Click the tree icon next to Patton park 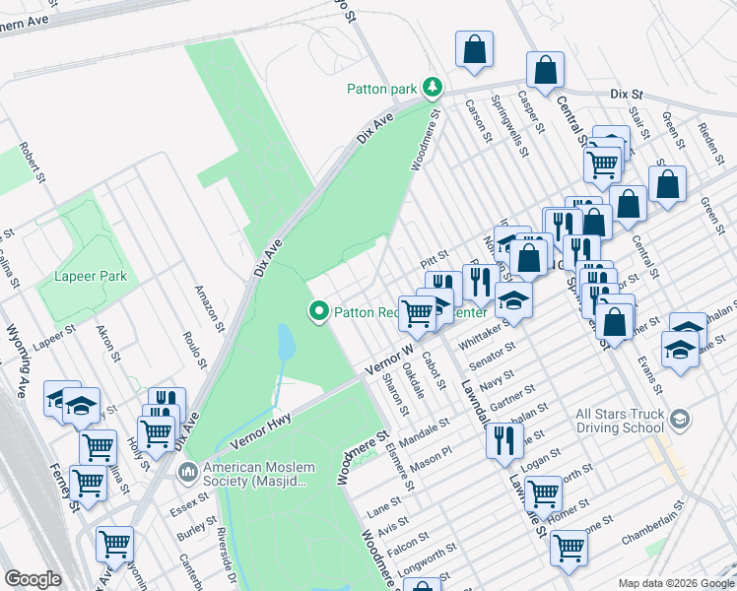pyautogui.click(x=432, y=89)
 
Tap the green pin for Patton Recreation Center pyautogui.click(x=319, y=313)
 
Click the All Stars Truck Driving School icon pyautogui.click(x=678, y=422)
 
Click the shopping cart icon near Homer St pyautogui.click(x=542, y=492)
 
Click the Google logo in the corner pyautogui.click(x=33, y=579)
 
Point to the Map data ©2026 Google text pyautogui.click(x=675, y=583)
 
